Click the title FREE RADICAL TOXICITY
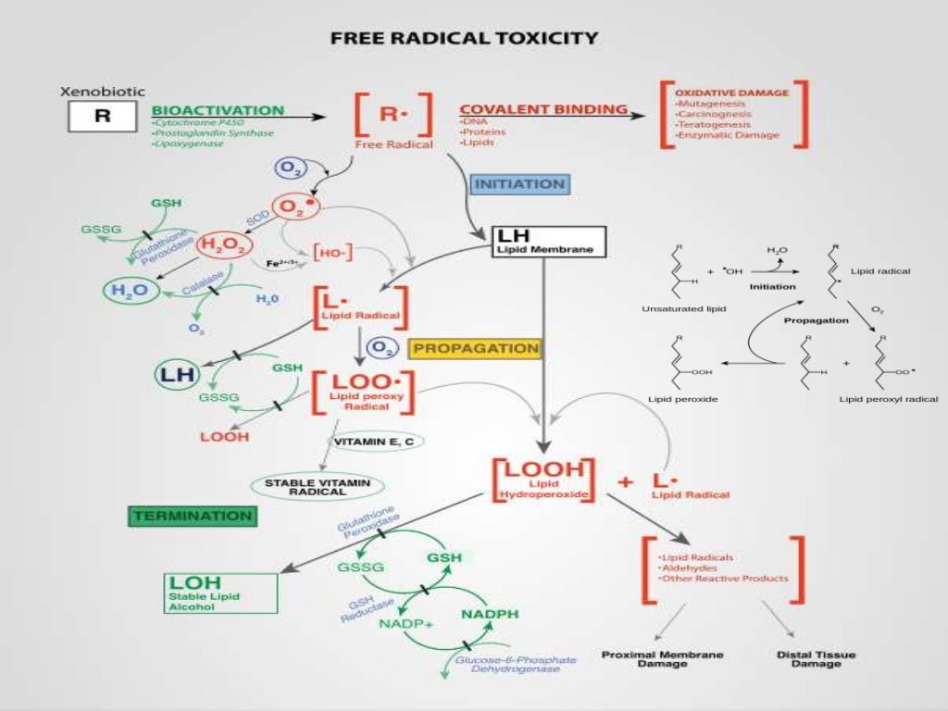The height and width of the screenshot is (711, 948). [464, 39]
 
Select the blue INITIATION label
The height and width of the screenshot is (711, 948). [519, 184]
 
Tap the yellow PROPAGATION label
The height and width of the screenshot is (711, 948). [475, 348]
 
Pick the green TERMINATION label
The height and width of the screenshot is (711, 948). [192, 516]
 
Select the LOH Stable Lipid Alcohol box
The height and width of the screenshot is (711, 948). [220, 592]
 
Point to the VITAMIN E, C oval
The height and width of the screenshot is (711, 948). [373, 443]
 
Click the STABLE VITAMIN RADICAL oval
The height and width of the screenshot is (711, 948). [318, 487]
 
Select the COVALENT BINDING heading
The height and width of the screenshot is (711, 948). [543, 109]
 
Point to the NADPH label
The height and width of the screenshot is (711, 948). [491, 614]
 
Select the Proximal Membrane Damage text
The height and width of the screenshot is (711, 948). [650, 659]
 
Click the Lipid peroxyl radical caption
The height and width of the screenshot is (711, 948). [888, 399]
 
